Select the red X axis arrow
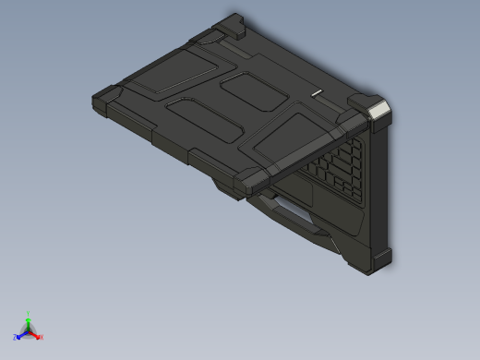pyautogui.click(x=35, y=335)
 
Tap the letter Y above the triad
pyautogui.click(x=28, y=313)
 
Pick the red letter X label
pyautogui.click(x=42, y=337)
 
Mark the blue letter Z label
pyautogui.click(x=16, y=337)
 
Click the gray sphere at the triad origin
pyautogui.click(x=28, y=330)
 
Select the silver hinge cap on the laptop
pyautogui.click(x=378, y=112)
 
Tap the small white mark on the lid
pyautogui.click(x=318, y=93)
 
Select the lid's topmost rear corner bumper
pyautogui.click(x=234, y=24)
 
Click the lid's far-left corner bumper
pyautogui.click(x=102, y=98)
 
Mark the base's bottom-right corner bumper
pyautogui.click(x=378, y=261)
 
